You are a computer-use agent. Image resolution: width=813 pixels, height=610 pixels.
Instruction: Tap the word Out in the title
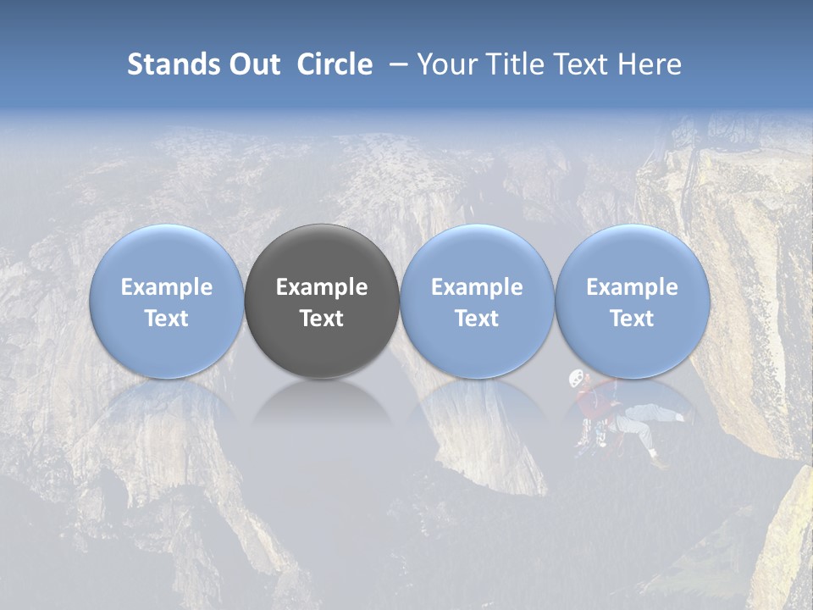[x=254, y=64]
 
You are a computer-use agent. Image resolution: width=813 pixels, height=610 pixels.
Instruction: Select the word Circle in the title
[x=335, y=64]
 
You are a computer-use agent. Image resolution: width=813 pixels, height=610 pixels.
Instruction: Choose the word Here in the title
[x=651, y=64]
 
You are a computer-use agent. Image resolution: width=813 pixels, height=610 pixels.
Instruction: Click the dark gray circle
[x=322, y=301]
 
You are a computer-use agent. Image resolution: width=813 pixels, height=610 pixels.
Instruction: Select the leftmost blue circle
[x=166, y=301]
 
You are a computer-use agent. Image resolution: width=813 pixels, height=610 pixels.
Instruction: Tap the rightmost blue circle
[x=632, y=301]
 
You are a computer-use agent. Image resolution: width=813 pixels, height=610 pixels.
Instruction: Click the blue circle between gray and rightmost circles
[x=477, y=301]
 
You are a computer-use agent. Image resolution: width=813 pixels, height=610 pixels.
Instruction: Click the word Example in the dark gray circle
[x=322, y=287]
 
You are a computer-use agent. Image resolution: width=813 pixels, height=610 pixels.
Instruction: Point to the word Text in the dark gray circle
[x=322, y=319]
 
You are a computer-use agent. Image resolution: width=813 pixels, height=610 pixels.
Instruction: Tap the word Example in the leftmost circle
[x=166, y=287]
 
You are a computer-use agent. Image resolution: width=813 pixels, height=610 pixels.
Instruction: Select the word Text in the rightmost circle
[x=632, y=319]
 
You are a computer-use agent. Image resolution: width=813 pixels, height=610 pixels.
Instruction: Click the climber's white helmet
[x=577, y=378]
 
